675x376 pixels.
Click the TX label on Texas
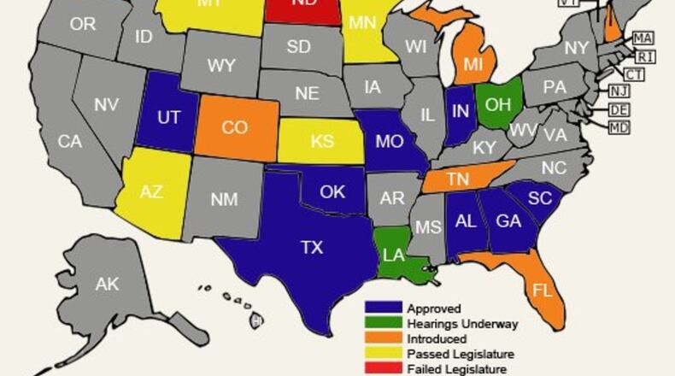click(x=312, y=247)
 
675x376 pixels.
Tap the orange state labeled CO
click(x=234, y=128)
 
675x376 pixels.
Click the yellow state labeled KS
click(x=322, y=141)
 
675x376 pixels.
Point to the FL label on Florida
click(x=543, y=290)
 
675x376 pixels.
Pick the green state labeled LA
click(x=393, y=255)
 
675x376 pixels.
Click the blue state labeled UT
click(x=168, y=117)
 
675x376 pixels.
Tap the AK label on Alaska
click(x=107, y=285)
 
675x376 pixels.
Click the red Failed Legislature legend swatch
click(x=383, y=369)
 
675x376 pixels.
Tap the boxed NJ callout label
click(x=619, y=91)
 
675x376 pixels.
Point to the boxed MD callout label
click(x=619, y=128)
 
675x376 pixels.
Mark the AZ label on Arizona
click(x=151, y=192)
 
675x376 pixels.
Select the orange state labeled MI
click(x=473, y=65)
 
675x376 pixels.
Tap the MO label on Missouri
click(x=389, y=141)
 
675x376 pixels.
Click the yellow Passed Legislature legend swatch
click(x=383, y=354)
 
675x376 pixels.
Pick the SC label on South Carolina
click(x=539, y=197)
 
